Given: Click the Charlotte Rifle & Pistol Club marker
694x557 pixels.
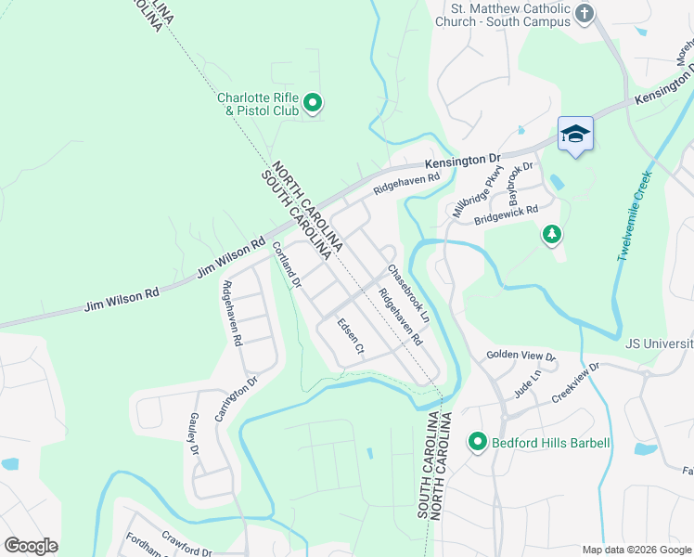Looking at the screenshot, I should tap(313, 103).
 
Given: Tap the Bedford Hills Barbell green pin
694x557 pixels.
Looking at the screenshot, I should tap(478, 443).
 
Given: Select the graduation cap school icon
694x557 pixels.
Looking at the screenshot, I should tap(575, 136).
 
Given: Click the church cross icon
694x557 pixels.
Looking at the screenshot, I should tap(584, 13).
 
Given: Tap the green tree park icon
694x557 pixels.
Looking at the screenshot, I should tap(552, 234).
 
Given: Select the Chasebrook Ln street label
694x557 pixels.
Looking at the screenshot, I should tap(408, 293).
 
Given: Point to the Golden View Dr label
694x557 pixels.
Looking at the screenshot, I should tap(520, 356).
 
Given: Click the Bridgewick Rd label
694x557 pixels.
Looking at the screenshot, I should tap(506, 215).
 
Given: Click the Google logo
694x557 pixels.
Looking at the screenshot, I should tap(31, 546).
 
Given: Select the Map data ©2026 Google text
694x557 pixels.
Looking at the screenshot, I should tap(636, 550).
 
